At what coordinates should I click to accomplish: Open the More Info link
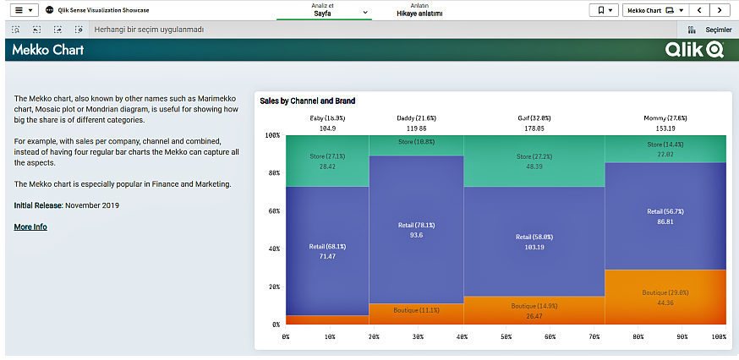click(30, 227)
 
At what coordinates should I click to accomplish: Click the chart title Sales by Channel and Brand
click(307, 101)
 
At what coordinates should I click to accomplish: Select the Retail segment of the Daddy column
click(416, 230)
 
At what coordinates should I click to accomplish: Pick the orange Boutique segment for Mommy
click(665, 297)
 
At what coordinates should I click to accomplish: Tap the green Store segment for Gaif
click(534, 161)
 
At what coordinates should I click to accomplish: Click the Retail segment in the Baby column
click(327, 250)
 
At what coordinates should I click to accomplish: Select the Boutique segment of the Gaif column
click(534, 310)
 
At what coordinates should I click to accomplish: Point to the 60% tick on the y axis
click(272, 211)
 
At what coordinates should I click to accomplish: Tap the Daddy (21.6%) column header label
click(416, 118)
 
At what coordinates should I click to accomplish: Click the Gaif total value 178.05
click(534, 128)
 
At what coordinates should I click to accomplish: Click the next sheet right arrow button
click(720, 10)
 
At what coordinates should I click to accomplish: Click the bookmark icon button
click(604, 10)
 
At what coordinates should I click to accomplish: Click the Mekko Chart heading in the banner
click(48, 51)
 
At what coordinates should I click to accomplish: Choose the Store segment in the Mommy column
click(665, 149)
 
